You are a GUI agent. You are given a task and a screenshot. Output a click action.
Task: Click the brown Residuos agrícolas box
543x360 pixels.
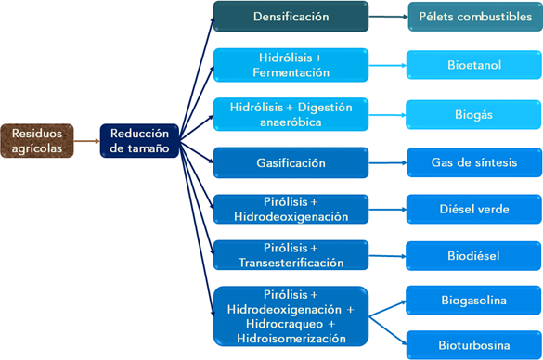click(36, 141)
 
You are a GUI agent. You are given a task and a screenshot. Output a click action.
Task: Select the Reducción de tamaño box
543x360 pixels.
click(139, 141)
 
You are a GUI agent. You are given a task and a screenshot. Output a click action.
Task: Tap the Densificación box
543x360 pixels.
click(291, 17)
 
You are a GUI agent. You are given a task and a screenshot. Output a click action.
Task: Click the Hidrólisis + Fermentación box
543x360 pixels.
click(291, 65)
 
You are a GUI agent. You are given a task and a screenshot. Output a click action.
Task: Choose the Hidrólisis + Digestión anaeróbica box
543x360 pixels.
click(291, 114)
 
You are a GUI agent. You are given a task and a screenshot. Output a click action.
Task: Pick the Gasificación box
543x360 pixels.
click(291, 163)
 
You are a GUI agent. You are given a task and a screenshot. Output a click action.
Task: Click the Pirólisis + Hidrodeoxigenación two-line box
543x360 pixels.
click(291, 210)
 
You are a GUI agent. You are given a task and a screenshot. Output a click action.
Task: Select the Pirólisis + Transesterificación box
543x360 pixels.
click(291, 255)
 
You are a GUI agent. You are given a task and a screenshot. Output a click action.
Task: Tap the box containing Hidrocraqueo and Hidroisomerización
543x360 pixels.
click(291, 316)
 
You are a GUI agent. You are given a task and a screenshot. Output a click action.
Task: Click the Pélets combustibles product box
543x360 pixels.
click(474, 17)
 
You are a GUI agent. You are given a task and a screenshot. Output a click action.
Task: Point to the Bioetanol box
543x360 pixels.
click(474, 66)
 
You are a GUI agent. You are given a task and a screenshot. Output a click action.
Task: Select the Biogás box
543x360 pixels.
click(474, 115)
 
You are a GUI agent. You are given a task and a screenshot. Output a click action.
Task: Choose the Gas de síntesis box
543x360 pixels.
click(474, 163)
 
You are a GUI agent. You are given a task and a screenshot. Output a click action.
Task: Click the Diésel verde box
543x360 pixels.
click(474, 210)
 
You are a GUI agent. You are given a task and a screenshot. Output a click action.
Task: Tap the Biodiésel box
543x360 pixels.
click(474, 255)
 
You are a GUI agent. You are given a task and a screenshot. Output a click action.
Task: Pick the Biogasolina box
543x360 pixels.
click(474, 301)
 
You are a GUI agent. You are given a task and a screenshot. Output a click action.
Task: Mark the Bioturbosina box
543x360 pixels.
click(474, 345)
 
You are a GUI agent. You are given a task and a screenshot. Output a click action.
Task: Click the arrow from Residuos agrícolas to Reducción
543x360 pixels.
click(85, 141)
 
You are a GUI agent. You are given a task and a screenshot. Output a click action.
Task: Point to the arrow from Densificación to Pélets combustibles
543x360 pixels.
click(388, 17)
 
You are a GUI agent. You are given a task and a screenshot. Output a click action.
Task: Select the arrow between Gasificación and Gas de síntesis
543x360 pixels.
click(388, 163)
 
